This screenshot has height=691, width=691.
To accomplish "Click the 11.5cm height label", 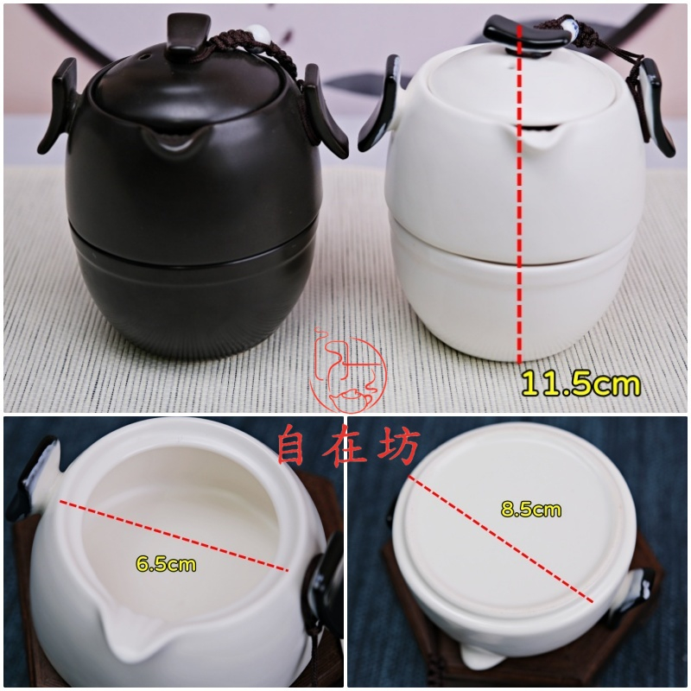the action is point(580,384).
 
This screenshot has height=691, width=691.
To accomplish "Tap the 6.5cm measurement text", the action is point(166,564).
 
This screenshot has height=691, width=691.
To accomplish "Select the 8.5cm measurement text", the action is point(531,510).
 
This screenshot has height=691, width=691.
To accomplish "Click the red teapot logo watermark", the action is point(348,369).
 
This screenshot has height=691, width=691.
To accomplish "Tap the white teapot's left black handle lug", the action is point(380,103).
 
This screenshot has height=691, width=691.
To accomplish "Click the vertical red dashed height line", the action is point(520,193).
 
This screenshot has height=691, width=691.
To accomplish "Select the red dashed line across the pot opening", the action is point(174,535).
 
